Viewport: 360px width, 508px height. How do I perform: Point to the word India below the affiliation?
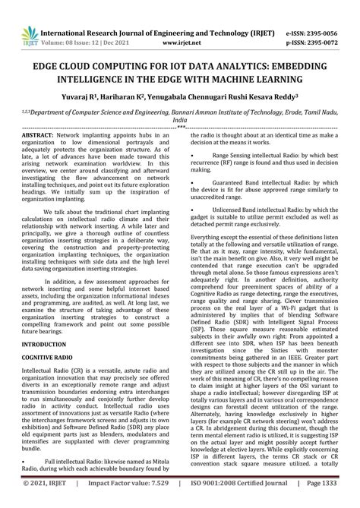point(180,120)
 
